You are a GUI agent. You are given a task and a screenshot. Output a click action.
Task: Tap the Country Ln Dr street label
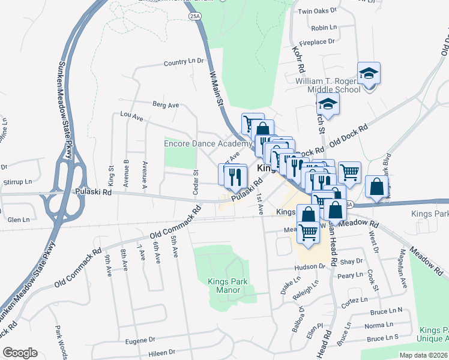184,62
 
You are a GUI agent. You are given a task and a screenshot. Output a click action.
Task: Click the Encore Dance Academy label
208,144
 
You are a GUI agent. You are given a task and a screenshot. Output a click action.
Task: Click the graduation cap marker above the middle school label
369,74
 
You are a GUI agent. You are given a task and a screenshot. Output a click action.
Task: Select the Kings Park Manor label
224,286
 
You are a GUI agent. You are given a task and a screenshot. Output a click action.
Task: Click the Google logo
20,353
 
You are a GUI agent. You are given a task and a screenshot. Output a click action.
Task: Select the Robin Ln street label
324,28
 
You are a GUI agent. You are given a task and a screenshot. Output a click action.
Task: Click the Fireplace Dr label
317,42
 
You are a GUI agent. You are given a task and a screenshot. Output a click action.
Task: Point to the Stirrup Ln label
17,181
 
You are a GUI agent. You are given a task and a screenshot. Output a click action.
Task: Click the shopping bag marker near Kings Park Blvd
376,187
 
